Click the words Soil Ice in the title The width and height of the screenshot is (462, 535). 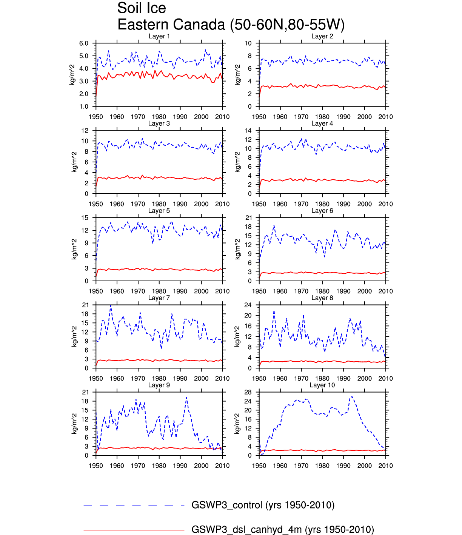click(x=142, y=8)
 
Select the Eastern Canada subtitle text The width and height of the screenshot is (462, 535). click(x=231, y=25)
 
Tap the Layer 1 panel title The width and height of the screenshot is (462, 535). click(x=159, y=36)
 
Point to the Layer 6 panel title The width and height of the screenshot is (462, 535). click(x=322, y=211)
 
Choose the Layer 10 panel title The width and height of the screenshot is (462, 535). click(x=322, y=385)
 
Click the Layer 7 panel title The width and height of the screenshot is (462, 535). click(x=159, y=298)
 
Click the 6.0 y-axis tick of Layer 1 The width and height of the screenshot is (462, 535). click(x=84, y=43)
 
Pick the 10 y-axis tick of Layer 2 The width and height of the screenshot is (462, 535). click(x=248, y=43)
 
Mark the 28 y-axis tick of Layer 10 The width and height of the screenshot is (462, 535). click(x=248, y=392)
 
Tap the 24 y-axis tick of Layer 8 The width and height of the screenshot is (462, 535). click(x=248, y=305)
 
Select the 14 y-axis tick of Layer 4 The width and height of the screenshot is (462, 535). click(x=248, y=131)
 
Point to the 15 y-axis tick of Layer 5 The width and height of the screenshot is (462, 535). click(x=85, y=218)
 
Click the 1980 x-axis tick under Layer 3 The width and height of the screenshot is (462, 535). click(x=159, y=204)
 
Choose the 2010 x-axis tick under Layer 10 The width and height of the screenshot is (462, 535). click(x=385, y=466)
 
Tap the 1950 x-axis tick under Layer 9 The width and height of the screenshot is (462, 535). click(x=96, y=466)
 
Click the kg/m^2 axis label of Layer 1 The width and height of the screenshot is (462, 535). click(x=72, y=75)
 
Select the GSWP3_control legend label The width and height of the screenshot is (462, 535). click(x=263, y=505)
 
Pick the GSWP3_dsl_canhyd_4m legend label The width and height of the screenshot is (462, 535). click(x=282, y=530)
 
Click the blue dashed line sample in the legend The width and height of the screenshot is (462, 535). click(x=134, y=506)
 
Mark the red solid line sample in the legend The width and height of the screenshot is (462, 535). click(x=134, y=530)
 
